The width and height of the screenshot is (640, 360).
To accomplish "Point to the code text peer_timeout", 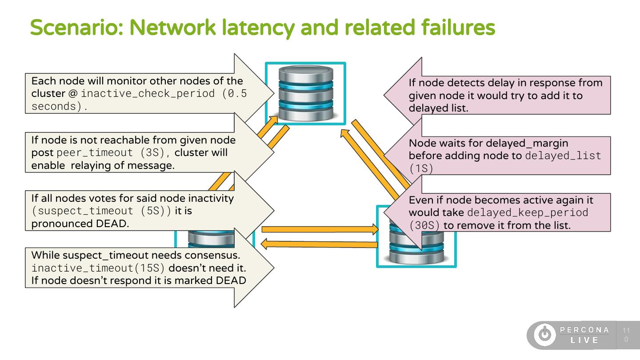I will coord(95,152).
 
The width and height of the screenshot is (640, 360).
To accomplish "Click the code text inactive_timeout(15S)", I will coord(98,268).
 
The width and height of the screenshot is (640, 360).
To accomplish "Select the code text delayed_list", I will coord(563,156).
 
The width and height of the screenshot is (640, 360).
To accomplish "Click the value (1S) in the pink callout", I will coord(420,168).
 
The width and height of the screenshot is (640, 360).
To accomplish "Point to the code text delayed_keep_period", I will coord(528,212).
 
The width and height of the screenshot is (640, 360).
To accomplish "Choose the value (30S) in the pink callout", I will coord(424,225).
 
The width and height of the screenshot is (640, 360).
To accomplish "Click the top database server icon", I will coord(306,93).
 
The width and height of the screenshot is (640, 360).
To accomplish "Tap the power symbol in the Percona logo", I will coord(544,335).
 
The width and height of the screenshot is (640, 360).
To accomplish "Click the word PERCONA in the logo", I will coord(584,330).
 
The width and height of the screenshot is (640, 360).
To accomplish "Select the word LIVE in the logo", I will coord(584,340).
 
